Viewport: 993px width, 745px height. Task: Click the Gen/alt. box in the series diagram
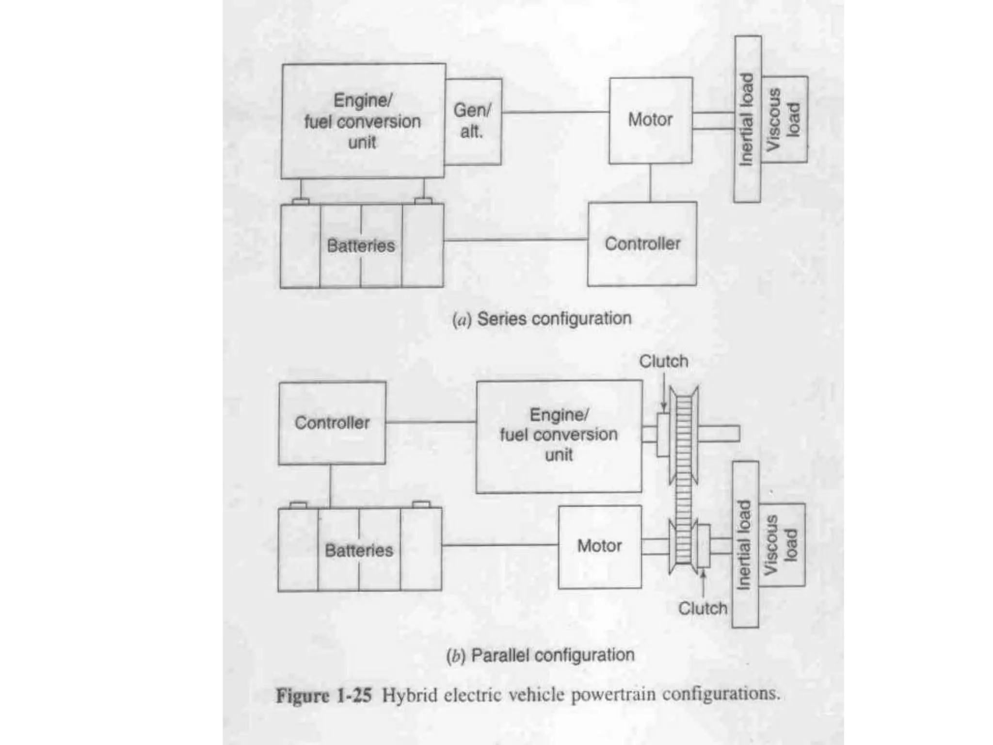[473, 121]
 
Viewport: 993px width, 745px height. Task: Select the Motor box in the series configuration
[650, 120]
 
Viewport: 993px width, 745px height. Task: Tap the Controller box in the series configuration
[642, 243]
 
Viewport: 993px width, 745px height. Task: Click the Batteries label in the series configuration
[361, 245]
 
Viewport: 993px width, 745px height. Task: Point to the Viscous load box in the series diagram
[784, 119]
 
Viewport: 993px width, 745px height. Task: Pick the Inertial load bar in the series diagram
[747, 119]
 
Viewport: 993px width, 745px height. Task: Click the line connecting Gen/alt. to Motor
[555, 112]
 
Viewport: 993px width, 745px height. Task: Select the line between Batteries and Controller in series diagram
[515, 240]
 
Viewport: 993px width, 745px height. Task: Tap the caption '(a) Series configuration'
[542, 319]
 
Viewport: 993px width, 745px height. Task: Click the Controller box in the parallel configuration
[332, 423]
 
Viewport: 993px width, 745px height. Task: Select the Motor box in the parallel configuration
[599, 547]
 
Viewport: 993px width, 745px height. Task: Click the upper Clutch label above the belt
[663, 361]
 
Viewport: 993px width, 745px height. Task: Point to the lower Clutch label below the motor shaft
[703, 608]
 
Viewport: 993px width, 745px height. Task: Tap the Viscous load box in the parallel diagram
[782, 545]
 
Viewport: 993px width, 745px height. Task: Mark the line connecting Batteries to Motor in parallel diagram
[500, 545]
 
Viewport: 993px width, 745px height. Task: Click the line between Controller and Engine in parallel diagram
[431, 422]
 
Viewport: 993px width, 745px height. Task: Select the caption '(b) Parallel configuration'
[540, 655]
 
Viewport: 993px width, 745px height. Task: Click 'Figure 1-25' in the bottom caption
[323, 696]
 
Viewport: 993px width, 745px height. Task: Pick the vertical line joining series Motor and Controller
[650, 183]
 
